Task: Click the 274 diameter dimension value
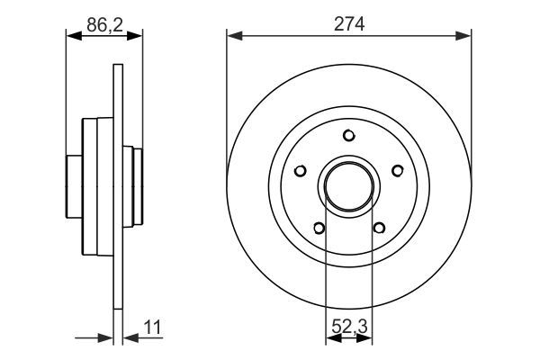pyautogui.click(x=349, y=24)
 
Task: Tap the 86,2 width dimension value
pyautogui.click(x=104, y=25)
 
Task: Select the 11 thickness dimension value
pyautogui.click(x=152, y=328)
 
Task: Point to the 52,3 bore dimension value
pyautogui.click(x=349, y=327)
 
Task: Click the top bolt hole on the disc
pyautogui.click(x=349, y=135)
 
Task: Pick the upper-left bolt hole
pyautogui.click(x=301, y=170)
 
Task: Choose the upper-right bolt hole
pyautogui.click(x=398, y=170)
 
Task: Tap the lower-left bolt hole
pyautogui.click(x=319, y=228)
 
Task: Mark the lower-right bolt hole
pyautogui.click(x=379, y=228)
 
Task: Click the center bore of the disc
pyautogui.click(x=349, y=186)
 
